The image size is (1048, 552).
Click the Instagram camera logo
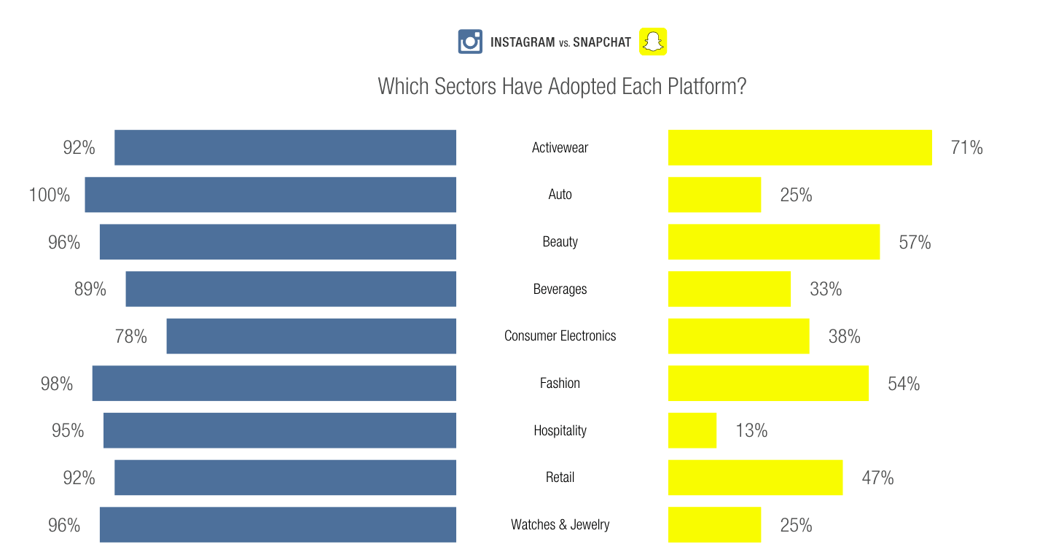pyautogui.click(x=470, y=42)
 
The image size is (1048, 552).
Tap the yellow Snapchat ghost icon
pyautogui.click(x=653, y=42)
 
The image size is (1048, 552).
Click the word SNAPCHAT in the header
pyautogui.click(x=602, y=42)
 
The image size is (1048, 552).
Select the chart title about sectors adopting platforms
pyautogui.click(x=562, y=86)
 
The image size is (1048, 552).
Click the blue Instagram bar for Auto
pyautogui.click(x=270, y=195)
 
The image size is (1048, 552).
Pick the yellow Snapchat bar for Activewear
pyautogui.click(x=800, y=147)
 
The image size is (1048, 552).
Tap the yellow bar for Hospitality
pyautogui.click(x=692, y=430)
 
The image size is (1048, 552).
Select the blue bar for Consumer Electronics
pyautogui.click(x=311, y=336)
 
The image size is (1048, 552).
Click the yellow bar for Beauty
pyautogui.click(x=774, y=241)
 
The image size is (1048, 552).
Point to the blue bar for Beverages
pyautogui.click(x=291, y=289)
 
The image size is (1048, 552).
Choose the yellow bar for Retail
pyautogui.click(x=756, y=478)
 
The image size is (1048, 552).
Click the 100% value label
pyautogui.click(x=50, y=195)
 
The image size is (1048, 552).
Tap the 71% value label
pyautogui.click(x=966, y=147)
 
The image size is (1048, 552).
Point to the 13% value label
pyautogui.click(x=751, y=430)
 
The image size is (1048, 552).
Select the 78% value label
pyautogui.click(x=131, y=336)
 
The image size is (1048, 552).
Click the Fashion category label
pyautogui.click(x=560, y=383)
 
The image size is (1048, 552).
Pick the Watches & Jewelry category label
pyautogui.click(x=560, y=524)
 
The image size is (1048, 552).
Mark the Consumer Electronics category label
pyautogui.click(x=560, y=335)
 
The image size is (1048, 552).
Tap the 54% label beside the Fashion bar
pyautogui.click(x=904, y=384)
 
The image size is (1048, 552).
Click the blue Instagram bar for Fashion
pyautogui.click(x=274, y=383)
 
